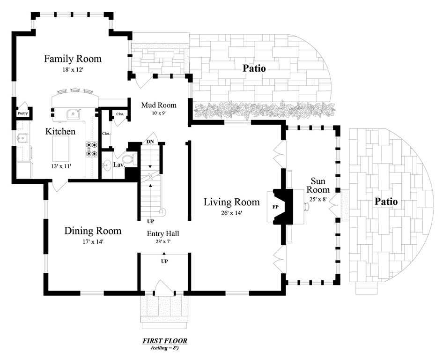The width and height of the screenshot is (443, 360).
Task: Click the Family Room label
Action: click(73, 59)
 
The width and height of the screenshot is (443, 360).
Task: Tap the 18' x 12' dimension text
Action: click(73, 69)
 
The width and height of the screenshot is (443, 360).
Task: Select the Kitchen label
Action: click(60, 132)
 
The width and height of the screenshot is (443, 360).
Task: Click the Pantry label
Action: click(22, 113)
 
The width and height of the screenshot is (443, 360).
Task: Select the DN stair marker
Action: click(150, 141)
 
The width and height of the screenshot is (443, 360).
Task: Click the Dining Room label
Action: click(93, 231)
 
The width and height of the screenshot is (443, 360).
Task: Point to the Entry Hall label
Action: click(163, 233)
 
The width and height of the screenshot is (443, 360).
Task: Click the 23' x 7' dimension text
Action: click(163, 242)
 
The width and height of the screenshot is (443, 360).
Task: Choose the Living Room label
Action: click(231, 202)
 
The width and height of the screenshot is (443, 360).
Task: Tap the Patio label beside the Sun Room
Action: click(386, 202)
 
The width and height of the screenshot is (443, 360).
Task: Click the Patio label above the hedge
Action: click(254, 68)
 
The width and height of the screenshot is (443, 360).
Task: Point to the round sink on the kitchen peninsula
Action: click(73, 114)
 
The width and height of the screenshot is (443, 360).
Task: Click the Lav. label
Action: click(118, 165)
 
